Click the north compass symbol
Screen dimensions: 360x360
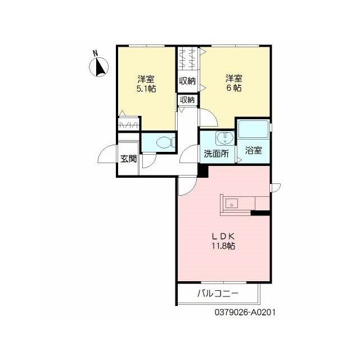(99, 67)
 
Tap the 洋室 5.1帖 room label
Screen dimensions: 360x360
(146, 84)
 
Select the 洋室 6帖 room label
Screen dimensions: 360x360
(234, 83)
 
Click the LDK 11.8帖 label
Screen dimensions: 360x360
(223, 241)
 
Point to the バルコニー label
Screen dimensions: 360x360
(218, 294)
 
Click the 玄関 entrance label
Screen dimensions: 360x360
(129, 159)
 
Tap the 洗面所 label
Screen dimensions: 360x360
(216, 154)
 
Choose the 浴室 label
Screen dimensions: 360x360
(254, 150)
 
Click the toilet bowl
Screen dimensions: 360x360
(165, 142)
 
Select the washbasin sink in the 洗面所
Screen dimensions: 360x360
(225, 138)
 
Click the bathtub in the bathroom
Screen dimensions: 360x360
(254, 128)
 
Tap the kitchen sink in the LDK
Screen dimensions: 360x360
(232, 204)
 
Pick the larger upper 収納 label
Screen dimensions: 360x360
(187, 81)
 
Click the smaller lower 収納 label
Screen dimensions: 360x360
(187, 100)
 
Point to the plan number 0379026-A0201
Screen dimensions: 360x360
(245, 312)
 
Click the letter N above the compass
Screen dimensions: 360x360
(95, 53)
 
